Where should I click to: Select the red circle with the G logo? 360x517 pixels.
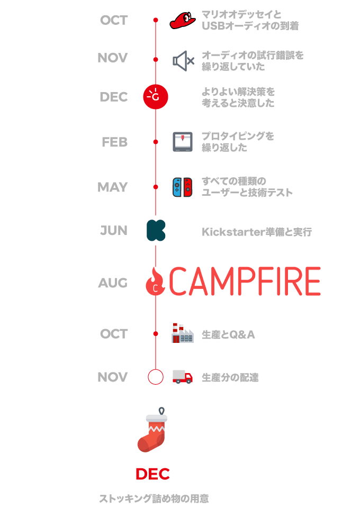156,96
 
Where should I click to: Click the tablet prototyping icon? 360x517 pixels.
182,142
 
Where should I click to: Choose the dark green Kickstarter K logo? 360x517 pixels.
156,231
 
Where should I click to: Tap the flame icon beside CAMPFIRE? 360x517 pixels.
155,283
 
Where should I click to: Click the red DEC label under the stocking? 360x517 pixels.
152,474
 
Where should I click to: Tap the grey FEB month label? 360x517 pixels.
114,142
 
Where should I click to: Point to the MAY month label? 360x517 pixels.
112,187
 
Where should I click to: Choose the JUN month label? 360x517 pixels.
114,231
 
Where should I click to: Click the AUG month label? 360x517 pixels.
113,283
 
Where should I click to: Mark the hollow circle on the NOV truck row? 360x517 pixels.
156,377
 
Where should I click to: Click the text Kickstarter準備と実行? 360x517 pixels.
257,232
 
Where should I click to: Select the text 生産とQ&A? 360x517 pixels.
228,334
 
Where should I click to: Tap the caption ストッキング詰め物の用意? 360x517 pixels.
154,498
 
